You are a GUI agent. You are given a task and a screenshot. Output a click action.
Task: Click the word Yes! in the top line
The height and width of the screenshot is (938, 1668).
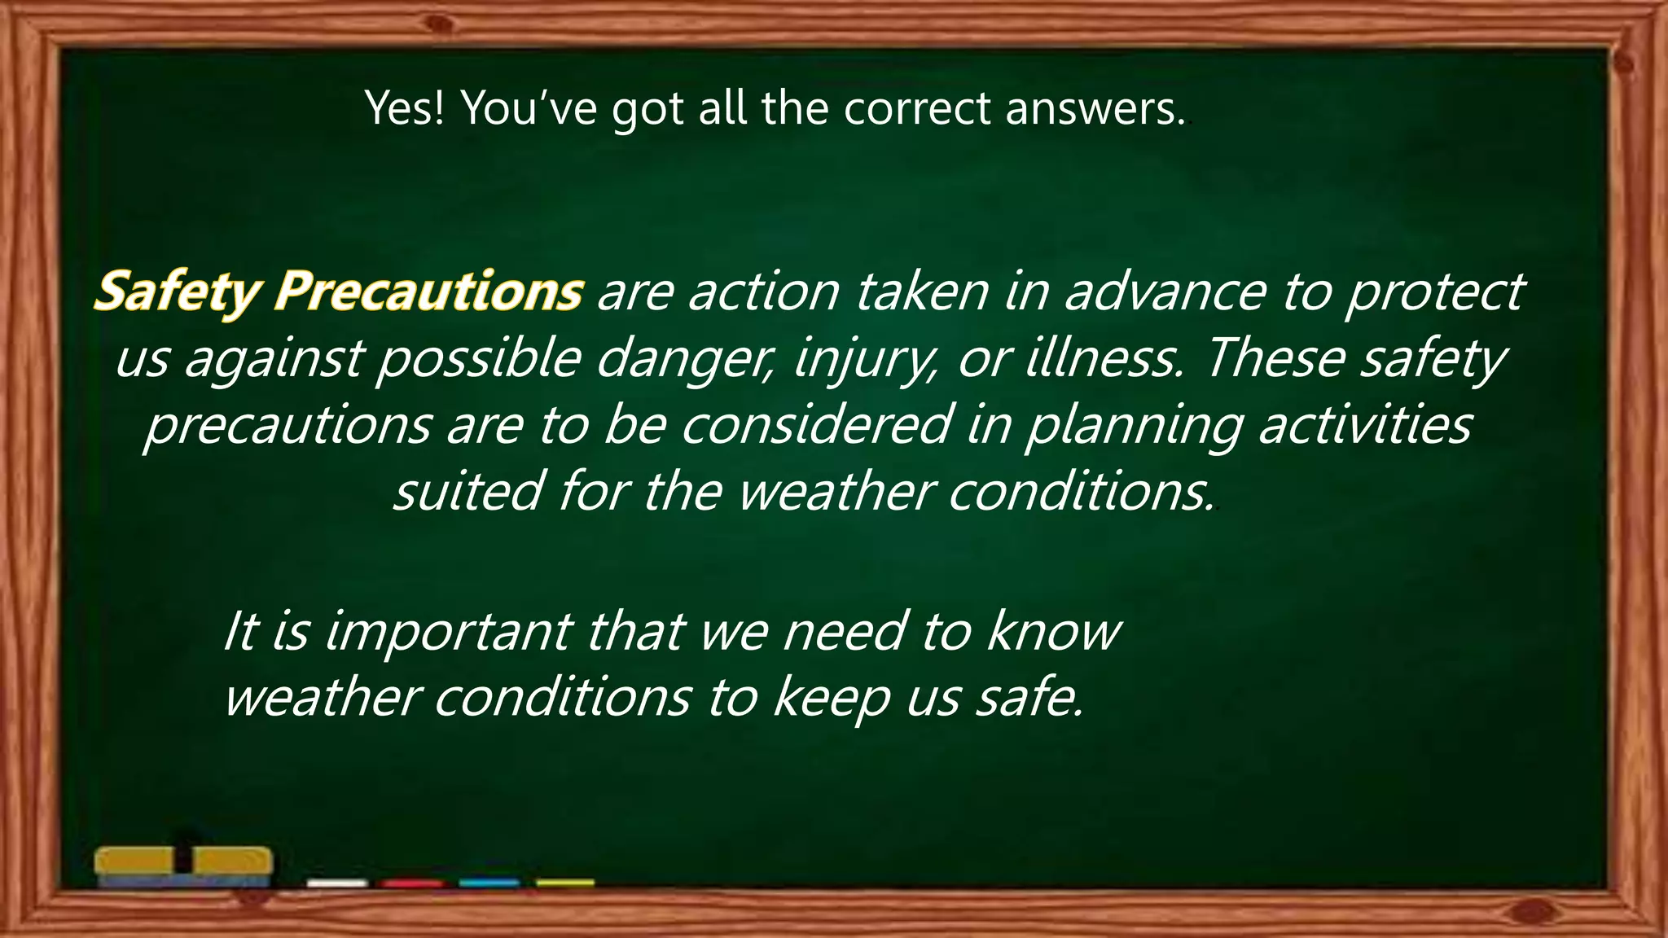406,108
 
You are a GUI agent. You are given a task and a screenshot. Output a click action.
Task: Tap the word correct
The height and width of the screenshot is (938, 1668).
916,108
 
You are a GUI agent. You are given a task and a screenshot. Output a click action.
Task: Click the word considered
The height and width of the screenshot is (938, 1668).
814,424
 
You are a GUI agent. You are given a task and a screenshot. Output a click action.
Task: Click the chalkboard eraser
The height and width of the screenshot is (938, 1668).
183,866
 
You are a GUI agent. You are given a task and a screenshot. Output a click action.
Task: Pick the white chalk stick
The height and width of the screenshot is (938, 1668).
337,883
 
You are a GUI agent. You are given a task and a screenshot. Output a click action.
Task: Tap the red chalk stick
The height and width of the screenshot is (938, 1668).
412,883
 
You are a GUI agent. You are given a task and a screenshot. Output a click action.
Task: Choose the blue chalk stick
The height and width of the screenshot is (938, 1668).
489,883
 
